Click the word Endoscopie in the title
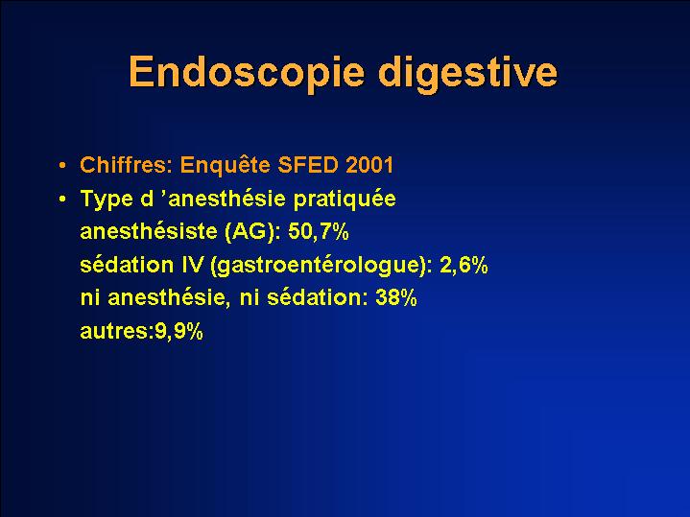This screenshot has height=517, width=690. (x=247, y=73)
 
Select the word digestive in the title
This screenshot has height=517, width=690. (x=468, y=73)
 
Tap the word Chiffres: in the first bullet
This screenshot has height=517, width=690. (x=127, y=165)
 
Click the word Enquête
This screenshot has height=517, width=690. (x=226, y=165)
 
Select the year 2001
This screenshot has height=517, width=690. (x=369, y=165)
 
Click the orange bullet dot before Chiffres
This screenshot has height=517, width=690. (x=62, y=166)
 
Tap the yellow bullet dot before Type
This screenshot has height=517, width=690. (x=62, y=200)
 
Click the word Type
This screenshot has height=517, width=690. (x=107, y=200)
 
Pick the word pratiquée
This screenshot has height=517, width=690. (x=345, y=200)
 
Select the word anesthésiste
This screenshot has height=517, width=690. (x=149, y=232)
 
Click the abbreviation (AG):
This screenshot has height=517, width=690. (x=252, y=232)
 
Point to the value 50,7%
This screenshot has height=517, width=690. (x=319, y=232)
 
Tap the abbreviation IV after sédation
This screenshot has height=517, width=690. (x=192, y=266)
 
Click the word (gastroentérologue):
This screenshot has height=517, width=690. (x=321, y=266)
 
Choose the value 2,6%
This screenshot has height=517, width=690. (x=464, y=266)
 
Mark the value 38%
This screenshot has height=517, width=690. (x=396, y=298)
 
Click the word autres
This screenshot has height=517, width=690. (x=113, y=332)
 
